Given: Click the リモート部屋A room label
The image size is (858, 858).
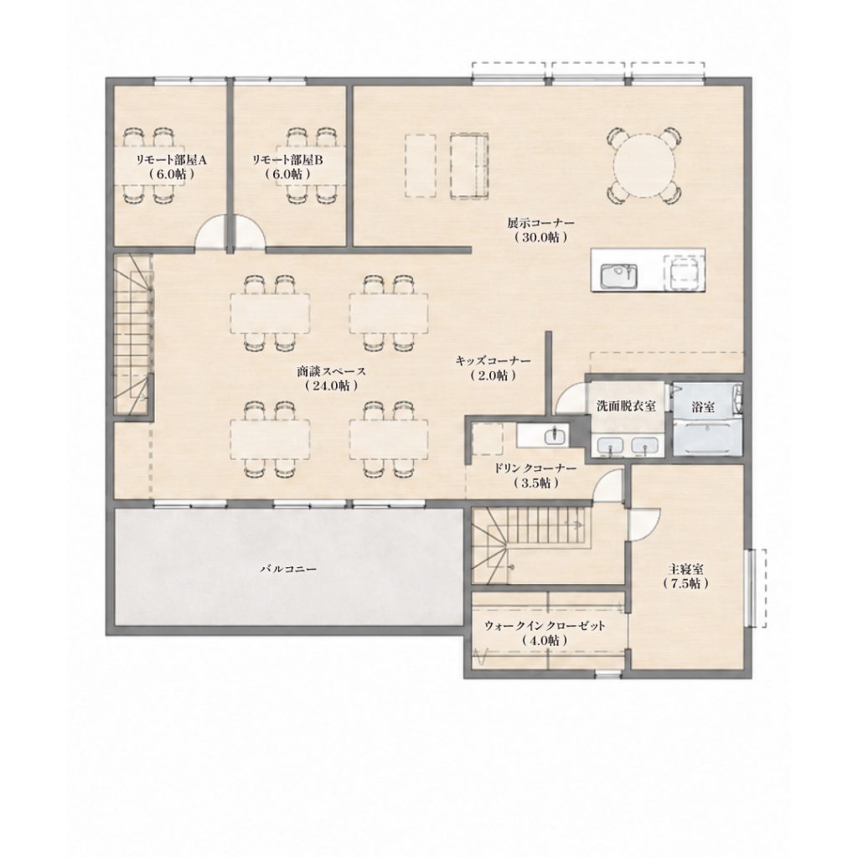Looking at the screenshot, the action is [171, 160].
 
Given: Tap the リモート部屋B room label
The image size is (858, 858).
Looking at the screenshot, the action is [288, 160].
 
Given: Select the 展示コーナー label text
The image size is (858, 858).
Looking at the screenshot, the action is [540, 223].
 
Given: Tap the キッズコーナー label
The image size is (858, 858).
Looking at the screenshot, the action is [493, 361].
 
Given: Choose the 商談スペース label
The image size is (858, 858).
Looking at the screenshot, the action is [332, 371].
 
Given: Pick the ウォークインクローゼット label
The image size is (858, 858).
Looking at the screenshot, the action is [545, 626].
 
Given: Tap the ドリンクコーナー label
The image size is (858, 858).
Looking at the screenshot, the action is [535, 469].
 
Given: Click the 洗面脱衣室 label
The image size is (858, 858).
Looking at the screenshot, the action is [626, 406].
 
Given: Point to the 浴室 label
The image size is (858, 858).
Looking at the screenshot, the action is [703, 406].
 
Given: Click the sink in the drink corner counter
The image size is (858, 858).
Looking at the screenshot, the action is [556, 435].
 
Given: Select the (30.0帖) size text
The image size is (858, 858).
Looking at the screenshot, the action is [540, 238].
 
